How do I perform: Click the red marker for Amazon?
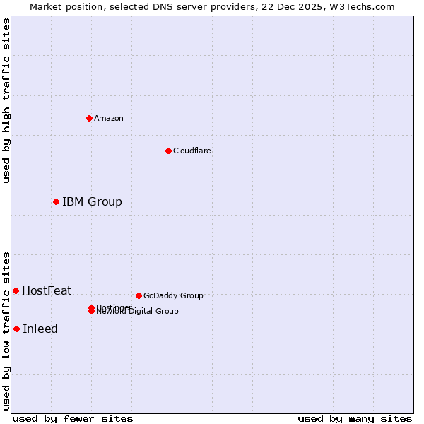89,118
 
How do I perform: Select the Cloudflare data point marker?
168,151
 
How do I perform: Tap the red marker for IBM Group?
56,202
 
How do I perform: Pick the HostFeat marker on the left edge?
16,290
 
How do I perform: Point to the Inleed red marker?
16,329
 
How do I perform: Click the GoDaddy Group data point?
139,295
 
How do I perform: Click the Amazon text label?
109,118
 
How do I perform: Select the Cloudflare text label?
192,151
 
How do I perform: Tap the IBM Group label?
92,202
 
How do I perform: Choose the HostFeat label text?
47,290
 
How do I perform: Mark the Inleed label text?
40,329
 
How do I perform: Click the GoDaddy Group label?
173,295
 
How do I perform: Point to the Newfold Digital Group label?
138,312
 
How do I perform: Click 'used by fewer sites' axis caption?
73,418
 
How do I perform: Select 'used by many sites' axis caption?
355,418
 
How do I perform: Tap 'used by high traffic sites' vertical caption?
6,100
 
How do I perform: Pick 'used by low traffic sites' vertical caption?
6,331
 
